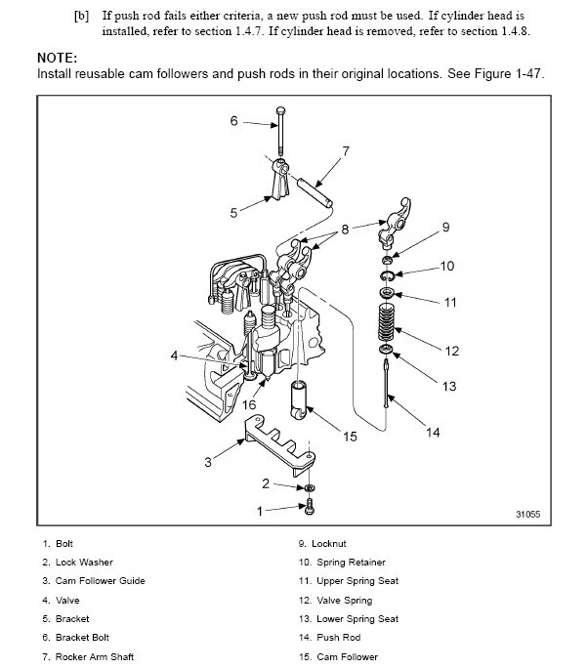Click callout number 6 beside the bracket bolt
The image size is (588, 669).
click(234, 121)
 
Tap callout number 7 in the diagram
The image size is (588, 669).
click(345, 151)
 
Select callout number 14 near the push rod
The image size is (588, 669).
click(434, 433)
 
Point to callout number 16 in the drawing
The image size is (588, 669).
click(249, 404)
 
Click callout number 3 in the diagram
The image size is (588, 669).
click(207, 462)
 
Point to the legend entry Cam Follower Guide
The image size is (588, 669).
click(94, 581)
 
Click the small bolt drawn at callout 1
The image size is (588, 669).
click(310, 506)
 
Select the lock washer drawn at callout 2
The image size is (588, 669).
click(310, 485)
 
